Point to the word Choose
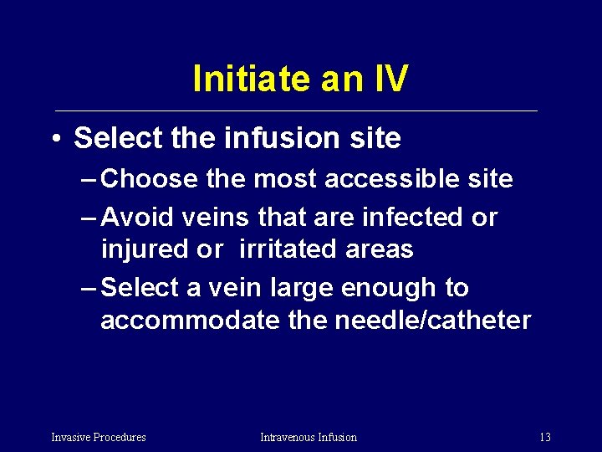click(149, 178)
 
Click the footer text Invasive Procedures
click(99, 437)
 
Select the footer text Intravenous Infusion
click(309, 437)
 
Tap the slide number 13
click(545, 437)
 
